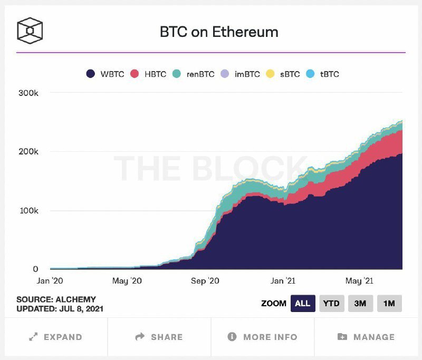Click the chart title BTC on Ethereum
click(219, 32)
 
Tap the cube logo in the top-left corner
click(30, 31)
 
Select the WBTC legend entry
click(105, 74)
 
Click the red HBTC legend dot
click(135, 74)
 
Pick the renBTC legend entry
click(193, 74)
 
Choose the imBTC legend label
click(247, 74)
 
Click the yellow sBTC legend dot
click(270, 74)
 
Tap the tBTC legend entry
click(322, 74)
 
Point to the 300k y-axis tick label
click(28, 93)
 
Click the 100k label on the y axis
click(29, 210)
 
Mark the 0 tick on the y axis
click(35, 269)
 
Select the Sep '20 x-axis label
click(205, 281)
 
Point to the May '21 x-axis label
click(359, 281)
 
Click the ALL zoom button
click(303, 304)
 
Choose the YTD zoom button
click(332, 304)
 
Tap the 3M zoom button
click(360, 304)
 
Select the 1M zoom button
click(389, 304)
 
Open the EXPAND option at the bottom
click(56, 337)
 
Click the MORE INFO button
click(262, 337)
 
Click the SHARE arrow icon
click(140, 336)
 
